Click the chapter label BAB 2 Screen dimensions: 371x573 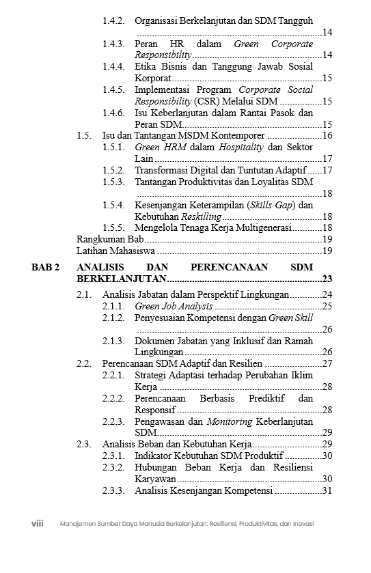45,268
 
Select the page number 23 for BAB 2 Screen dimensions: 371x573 327,279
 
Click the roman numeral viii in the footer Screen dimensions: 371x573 38,524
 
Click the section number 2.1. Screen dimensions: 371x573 84,295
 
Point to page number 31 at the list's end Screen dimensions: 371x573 327,490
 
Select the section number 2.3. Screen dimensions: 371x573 84,444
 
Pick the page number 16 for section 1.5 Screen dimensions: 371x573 327,135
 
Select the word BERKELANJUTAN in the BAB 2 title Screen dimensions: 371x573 122,279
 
